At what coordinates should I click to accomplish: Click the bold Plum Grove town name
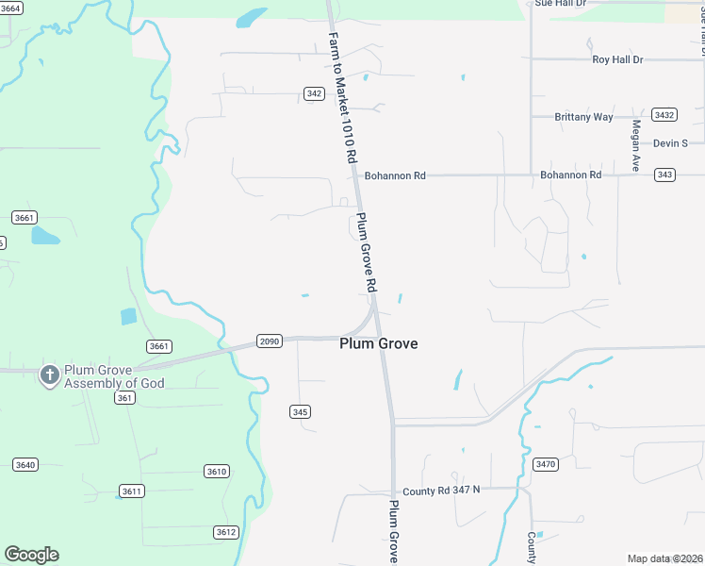pos(378,344)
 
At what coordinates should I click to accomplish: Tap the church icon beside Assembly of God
pos(49,375)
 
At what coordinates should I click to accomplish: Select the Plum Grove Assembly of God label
pos(114,376)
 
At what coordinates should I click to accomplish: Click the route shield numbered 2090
pos(270,341)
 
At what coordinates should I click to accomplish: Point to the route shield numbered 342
pos(315,93)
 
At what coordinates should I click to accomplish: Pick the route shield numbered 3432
pos(664,115)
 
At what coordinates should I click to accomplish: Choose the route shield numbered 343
pos(665,175)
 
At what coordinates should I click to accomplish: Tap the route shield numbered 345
pos(300,412)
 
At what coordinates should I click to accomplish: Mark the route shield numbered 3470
pos(546,464)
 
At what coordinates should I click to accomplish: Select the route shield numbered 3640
pos(25,464)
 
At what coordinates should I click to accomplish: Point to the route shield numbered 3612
pos(225,532)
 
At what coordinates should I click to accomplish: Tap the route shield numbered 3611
pos(132,491)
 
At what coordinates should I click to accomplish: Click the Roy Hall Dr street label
pos(617,59)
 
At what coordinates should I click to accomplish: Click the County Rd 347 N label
pos(441,491)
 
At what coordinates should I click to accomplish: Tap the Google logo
pos(31,555)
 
